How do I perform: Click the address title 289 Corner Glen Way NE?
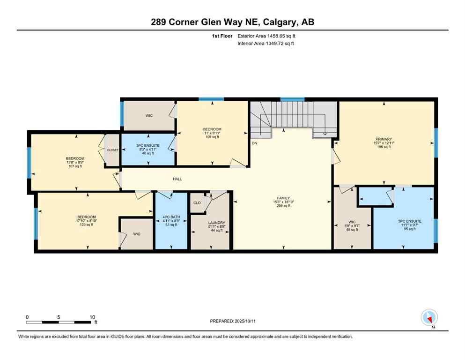(x=232, y=22)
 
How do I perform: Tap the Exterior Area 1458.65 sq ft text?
(x=266, y=36)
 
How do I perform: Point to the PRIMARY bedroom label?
(x=383, y=139)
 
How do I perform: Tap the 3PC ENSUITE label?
(x=148, y=146)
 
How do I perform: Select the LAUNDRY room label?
(x=216, y=223)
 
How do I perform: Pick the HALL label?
(x=177, y=179)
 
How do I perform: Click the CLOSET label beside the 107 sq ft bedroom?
(x=113, y=150)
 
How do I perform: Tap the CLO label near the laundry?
(x=197, y=202)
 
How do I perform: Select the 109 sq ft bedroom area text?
(x=212, y=137)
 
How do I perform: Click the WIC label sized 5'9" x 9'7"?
(x=352, y=221)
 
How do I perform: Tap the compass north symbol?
(x=429, y=317)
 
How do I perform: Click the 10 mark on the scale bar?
(x=93, y=317)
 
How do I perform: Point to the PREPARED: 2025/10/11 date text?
(x=232, y=321)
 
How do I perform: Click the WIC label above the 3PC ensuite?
(x=149, y=115)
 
